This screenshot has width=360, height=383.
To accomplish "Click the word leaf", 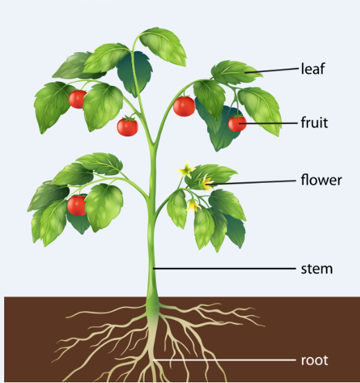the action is tap(313, 69).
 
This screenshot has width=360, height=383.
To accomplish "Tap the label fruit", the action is tap(314, 123).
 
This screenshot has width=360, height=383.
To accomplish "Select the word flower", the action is tap(321, 180).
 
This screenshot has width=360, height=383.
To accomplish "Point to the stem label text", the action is tap(317, 269).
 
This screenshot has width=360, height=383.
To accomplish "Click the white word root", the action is tap(314, 360).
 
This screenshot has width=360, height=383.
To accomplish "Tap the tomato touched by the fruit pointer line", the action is tap(237, 123).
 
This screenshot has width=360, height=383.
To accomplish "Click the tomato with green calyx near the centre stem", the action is tap(127, 126).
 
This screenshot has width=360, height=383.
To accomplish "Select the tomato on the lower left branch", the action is tap(77, 205).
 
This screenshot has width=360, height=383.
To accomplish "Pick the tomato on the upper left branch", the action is tap(77, 99).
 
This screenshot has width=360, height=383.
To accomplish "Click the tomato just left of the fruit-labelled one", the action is tap(184, 106).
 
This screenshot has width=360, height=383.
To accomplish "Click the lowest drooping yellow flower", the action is tap(193, 205).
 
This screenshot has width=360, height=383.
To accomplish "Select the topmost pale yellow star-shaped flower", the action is tap(185, 169).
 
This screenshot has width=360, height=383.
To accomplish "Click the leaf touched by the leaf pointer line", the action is tap(235, 72).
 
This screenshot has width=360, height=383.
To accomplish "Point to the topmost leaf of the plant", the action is tap(163, 46).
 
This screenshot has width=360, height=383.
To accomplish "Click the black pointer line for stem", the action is tap(224, 269).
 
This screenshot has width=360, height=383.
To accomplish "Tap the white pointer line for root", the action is tap(224, 360).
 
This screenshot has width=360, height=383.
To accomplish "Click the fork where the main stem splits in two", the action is tap(154, 145).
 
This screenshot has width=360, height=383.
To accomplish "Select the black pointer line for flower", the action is tap(254, 182).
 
